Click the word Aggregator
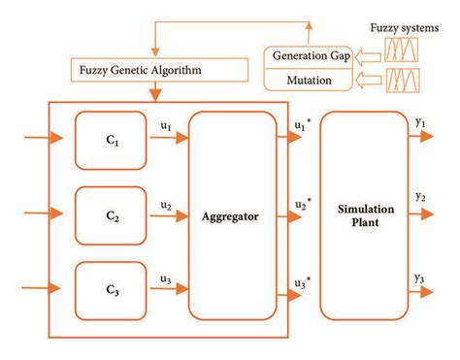[x=232, y=216]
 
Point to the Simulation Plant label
[x=364, y=216]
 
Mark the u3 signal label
[x=166, y=279]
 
